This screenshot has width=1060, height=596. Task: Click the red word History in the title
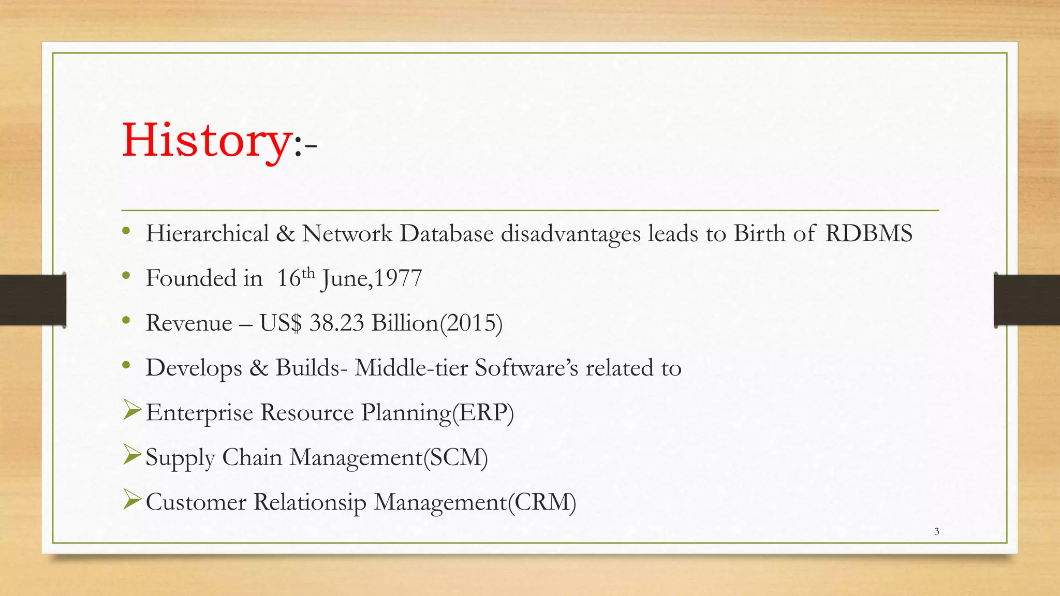[206, 141]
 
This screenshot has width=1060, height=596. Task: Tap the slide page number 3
[936, 531]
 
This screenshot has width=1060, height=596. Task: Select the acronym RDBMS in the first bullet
[868, 234]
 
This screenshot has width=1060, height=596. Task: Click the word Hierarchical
[207, 234]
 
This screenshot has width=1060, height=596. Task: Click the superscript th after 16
[308, 273]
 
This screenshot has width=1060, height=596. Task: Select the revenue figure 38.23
[336, 323]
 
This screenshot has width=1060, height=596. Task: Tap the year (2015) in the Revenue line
[470, 323]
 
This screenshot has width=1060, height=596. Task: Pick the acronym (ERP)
[482, 413]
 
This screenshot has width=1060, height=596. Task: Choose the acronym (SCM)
[455, 458]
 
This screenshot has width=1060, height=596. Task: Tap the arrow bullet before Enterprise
[132, 411]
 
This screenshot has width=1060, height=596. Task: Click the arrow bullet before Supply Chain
[132, 456]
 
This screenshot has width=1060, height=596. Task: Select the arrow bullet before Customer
[132, 500]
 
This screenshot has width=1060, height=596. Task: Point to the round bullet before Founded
[126, 276]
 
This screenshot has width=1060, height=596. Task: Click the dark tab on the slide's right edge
[1027, 300]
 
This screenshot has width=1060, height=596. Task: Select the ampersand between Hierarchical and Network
[285, 234]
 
